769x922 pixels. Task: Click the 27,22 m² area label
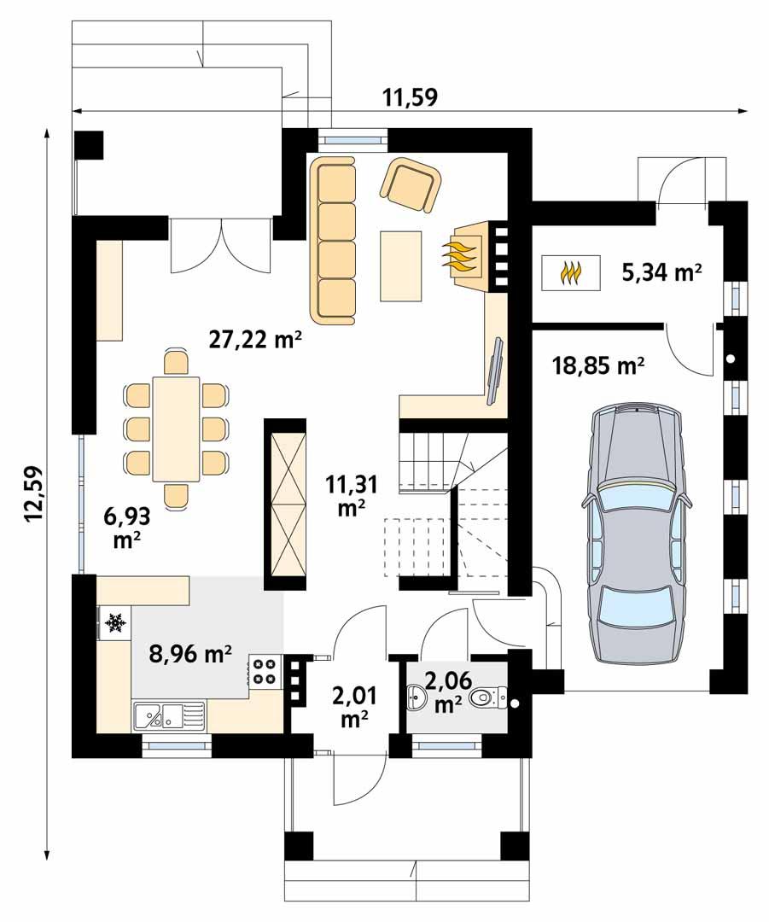[x=256, y=340]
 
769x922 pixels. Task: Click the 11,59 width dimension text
[x=409, y=97]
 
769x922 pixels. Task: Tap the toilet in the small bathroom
[x=486, y=699]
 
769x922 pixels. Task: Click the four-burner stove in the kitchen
[x=264, y=670]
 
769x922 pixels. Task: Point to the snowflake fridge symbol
[x=114, y=625]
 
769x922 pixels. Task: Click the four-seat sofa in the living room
[x=335, y=240]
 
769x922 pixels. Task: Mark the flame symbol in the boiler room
[x=570, y=273]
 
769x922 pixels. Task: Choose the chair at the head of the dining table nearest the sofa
[x=176, y=361]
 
